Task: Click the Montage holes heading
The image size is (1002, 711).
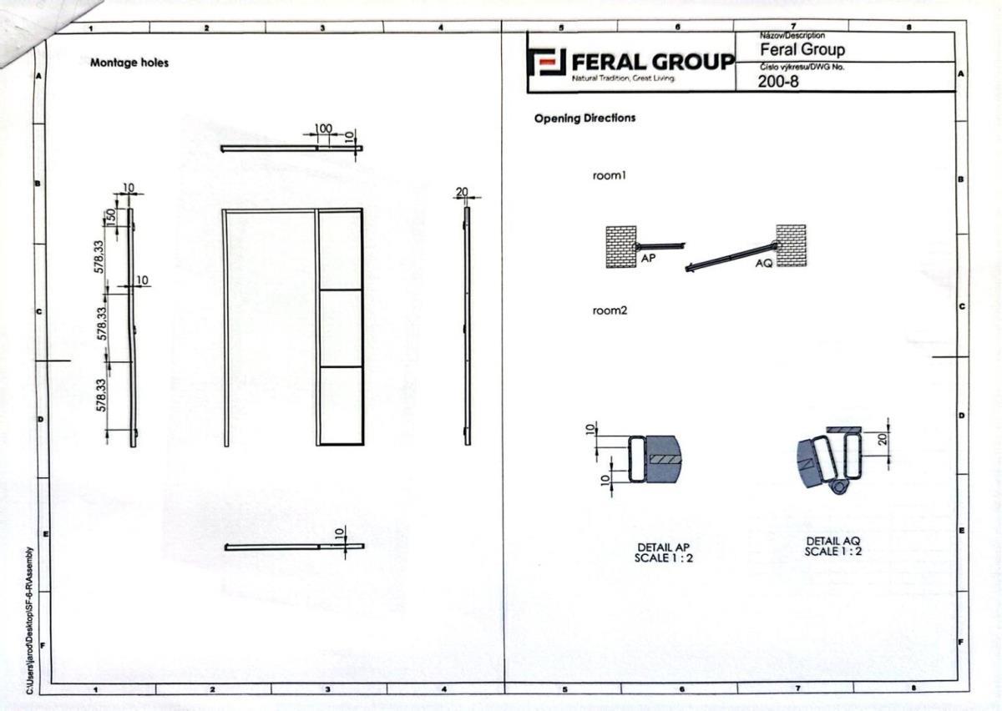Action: click(x=129, y=63)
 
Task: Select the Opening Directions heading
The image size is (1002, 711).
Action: click(x=584, y=118)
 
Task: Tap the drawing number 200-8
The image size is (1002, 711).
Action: click(x=778, y=82)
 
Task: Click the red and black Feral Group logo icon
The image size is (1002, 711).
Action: click(x=547, y=62)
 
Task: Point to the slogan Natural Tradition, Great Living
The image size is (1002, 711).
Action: click(x=623, y=78)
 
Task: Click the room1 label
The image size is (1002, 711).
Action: click(x=610, y=176)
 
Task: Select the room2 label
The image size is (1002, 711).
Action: click(x=610, y=310)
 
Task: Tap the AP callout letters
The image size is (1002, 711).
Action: click(x=648, y=258)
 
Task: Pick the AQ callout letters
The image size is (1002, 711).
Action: click(x=764, y=263)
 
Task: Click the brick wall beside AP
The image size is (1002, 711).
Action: click(x=621, y=247)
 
